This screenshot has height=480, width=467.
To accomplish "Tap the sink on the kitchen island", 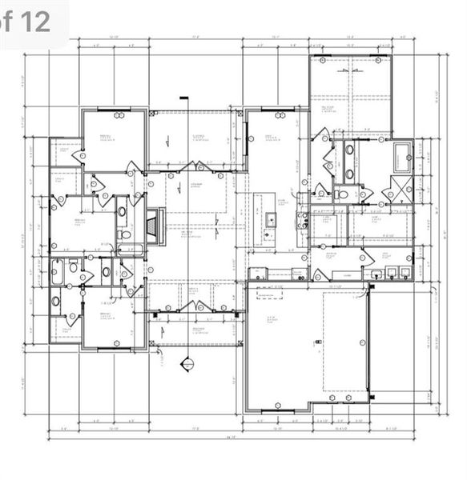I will pyautogui.click(x=271, y=219).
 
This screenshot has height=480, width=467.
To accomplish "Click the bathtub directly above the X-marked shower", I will pyautogui.click(x=401, y=153).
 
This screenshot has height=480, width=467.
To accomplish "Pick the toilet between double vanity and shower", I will pyautogui.click(x=343, y=193).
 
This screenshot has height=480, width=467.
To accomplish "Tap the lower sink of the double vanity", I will pyautogui.click(x=349, y=173).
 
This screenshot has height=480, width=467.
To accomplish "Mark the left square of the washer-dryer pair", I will pyautogui.click(x=390, y=273).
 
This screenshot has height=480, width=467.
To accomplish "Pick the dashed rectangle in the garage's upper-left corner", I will pyautogui.click(x=270, y=292).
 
